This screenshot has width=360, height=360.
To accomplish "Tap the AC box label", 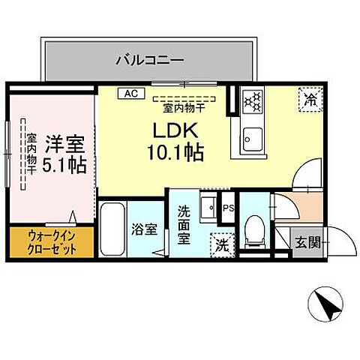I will pos(130,94).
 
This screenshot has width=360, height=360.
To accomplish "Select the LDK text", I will pos(174,129).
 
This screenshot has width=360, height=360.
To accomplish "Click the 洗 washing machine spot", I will pos(223,244).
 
